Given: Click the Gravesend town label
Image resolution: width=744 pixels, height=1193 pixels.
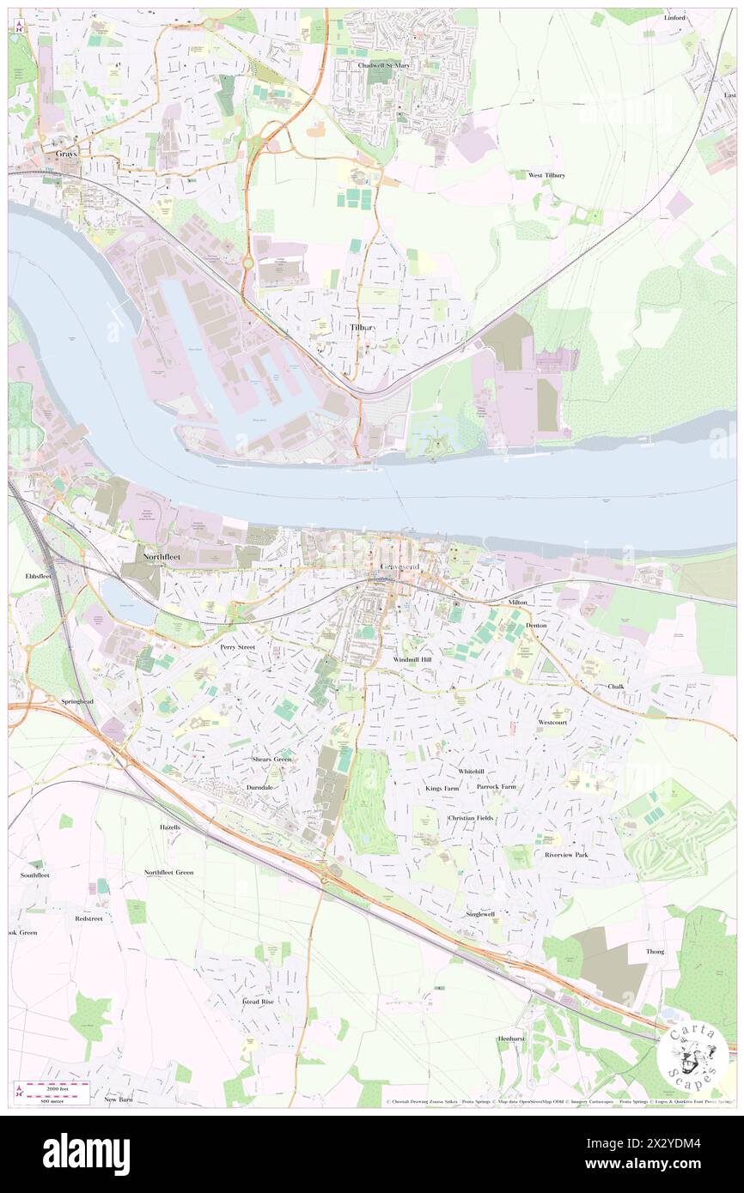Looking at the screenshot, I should [397, 567].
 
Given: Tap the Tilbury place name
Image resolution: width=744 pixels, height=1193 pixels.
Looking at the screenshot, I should [364, 328].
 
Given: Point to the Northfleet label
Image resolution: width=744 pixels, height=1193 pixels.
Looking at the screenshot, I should [162, 556].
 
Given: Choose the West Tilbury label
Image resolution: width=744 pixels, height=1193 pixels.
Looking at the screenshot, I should [546, 175].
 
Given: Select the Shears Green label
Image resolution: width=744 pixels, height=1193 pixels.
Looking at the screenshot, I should [271, 759].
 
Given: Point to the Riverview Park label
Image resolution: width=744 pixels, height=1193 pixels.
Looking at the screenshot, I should [566, 855].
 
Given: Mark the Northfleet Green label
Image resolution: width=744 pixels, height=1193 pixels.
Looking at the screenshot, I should [168, 872].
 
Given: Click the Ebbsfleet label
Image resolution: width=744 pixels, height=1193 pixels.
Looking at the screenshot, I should [40, 576].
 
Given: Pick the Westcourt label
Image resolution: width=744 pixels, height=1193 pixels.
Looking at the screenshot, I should [553, 723].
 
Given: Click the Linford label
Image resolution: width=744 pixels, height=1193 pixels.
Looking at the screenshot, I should [678, 17].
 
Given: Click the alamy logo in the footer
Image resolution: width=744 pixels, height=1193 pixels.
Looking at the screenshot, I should [86, 1154].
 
